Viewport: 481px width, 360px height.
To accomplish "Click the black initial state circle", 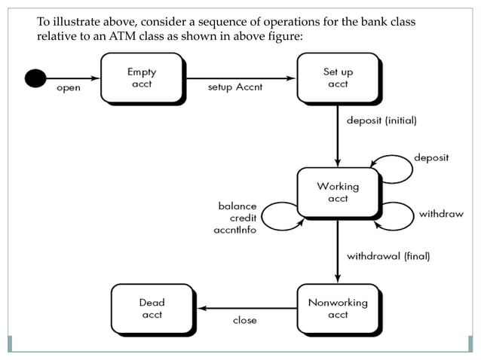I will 35,77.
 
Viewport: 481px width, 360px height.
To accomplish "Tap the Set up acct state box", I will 337,78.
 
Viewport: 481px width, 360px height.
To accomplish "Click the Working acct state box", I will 337,192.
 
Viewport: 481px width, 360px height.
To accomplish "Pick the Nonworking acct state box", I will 337,308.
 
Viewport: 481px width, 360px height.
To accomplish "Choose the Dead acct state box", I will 151,308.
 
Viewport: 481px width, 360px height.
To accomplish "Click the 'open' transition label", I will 69,88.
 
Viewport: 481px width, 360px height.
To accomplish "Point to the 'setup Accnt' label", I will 234,87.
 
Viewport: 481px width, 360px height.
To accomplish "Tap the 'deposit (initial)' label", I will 381,121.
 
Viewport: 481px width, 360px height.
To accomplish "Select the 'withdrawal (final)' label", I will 388,256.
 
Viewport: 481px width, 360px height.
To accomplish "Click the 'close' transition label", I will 244,320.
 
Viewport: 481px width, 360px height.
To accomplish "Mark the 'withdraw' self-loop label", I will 441,214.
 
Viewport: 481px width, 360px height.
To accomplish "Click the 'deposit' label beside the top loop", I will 431,157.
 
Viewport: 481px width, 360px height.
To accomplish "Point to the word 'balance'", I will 237,206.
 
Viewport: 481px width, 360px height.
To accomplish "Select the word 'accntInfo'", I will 234,230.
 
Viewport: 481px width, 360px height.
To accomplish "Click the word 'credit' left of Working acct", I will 242,218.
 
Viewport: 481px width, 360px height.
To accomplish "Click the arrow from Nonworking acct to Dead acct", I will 241,308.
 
